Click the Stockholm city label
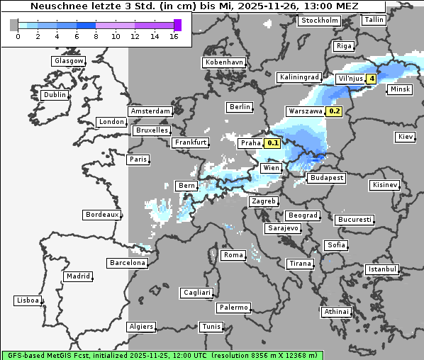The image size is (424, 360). [319, 21]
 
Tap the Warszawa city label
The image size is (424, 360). [305, 111]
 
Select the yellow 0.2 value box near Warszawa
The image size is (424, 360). [335, 111]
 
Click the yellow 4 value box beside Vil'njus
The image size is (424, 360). [371, 78]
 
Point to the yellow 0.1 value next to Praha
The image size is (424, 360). [272, 143]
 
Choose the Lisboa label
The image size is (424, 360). [28, 300]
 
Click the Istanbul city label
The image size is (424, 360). [382, 269]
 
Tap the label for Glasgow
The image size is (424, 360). [68, 61]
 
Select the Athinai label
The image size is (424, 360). [335, 312]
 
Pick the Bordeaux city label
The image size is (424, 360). [101, 214]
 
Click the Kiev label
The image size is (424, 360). [406, 136]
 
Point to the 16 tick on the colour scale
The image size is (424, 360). [174, 37]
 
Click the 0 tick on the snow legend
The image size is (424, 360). [18, 37]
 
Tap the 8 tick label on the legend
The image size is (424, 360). [96, 37]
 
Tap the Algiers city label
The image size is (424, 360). [140, 327]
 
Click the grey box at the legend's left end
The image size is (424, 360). [14, 25]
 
